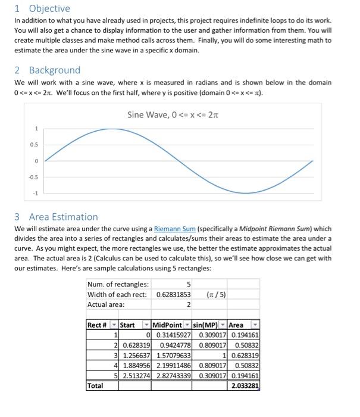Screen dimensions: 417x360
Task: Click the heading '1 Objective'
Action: coord(42,8)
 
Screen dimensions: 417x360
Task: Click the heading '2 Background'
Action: coord(47,70)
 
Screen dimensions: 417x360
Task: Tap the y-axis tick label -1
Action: coord(36,193)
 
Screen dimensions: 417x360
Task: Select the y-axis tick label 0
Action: coord(36,161)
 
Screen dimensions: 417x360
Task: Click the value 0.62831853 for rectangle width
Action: coord(174,294)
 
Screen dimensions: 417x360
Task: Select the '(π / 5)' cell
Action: coord(215,294)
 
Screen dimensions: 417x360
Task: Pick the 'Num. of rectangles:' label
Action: coord(118,284)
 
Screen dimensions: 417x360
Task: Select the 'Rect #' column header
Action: coord(98,325)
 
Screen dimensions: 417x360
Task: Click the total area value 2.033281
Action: coord(245,385)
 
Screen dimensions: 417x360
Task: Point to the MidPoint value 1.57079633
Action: coord(173,355)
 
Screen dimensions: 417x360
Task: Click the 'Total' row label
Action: coord(95,385)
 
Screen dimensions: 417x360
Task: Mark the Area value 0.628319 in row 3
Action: coord(245,355)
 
